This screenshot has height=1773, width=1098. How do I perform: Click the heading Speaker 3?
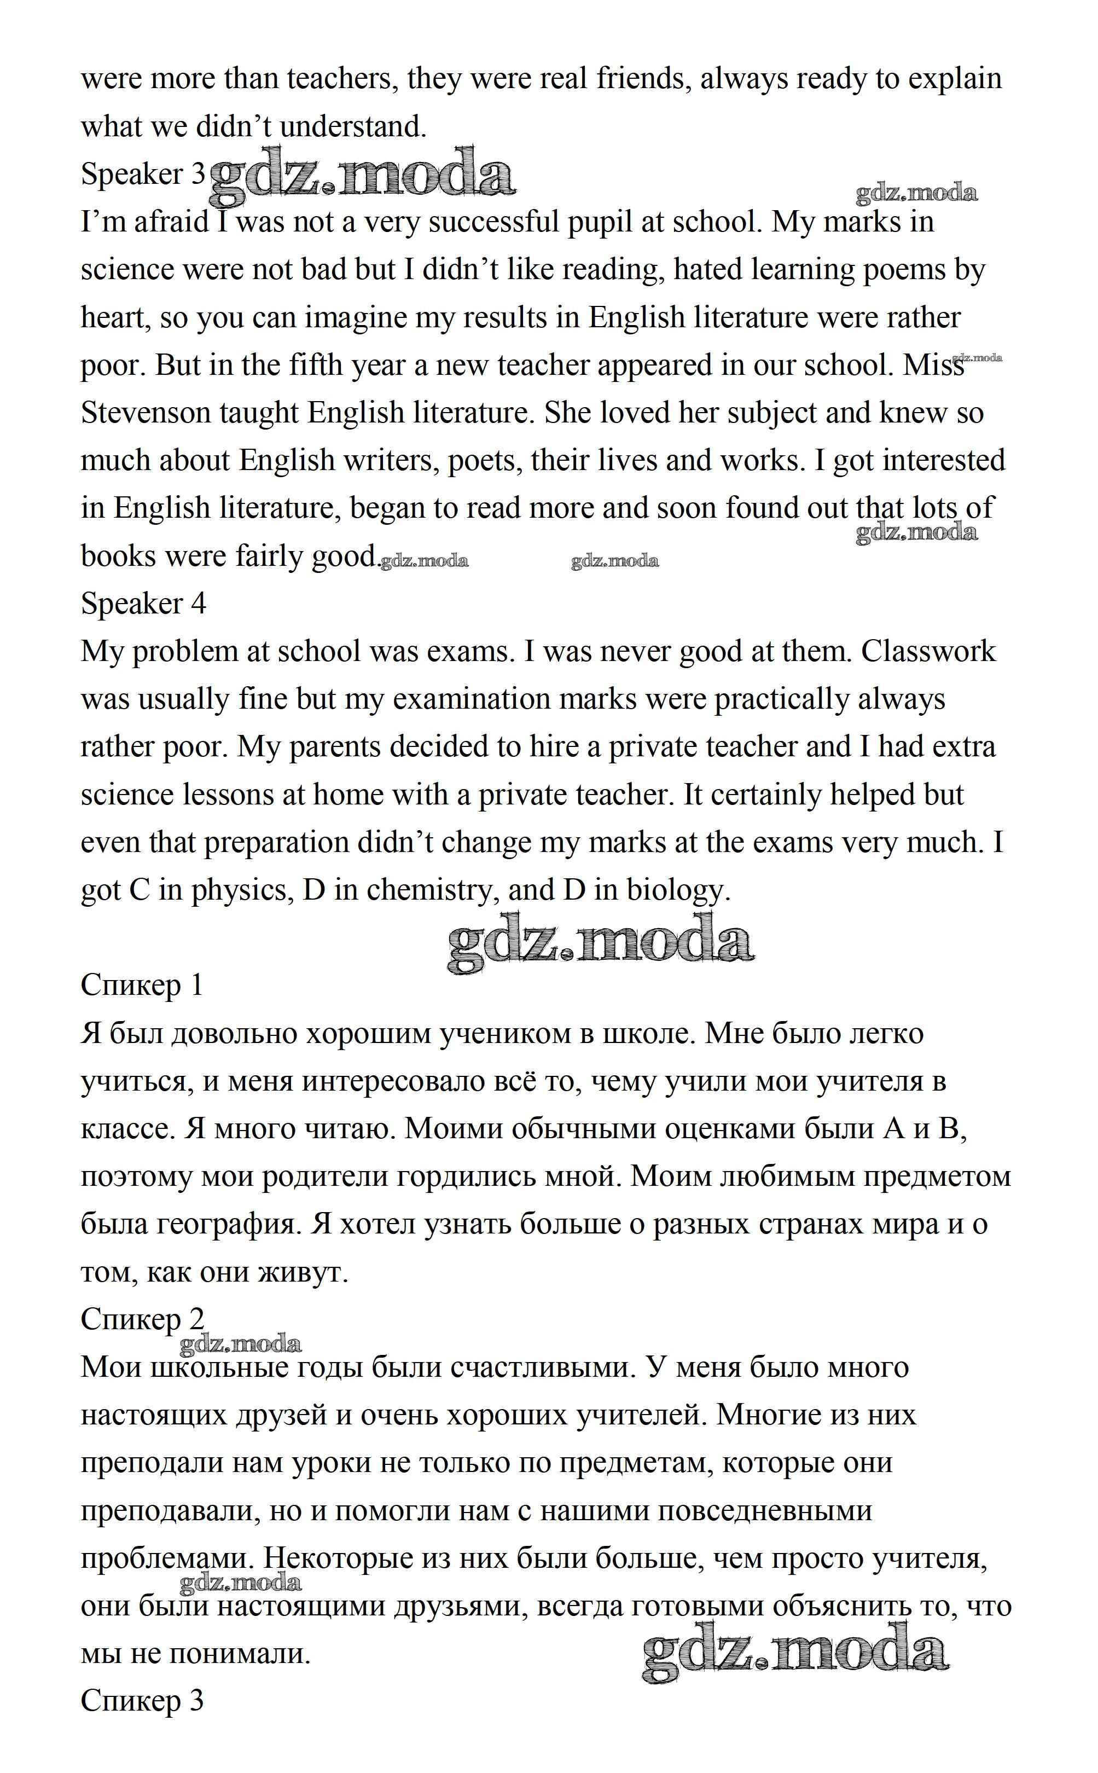coord(143,175)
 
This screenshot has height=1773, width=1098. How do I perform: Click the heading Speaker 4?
coord(143,604)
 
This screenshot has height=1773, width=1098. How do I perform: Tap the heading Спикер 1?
coord(142,986)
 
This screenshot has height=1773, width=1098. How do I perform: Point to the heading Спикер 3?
coord(142,1701)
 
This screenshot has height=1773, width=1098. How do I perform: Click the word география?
coord(227,1225)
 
